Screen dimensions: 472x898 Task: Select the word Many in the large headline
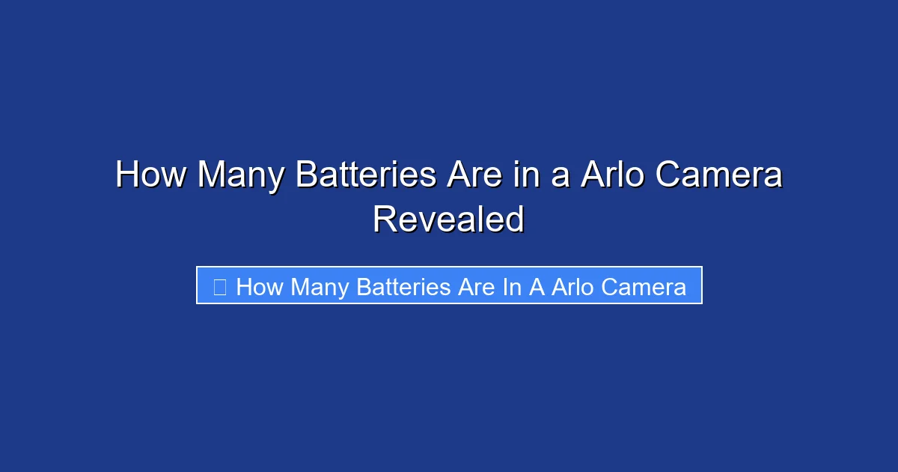pos(240,176)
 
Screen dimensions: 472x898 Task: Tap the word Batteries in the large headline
pos(366,176)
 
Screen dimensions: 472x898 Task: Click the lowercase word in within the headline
pos(541,176)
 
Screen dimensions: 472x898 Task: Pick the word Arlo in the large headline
pos(612,176)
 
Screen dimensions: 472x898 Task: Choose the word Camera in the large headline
pos(719,176)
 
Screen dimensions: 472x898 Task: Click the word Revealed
pos(449,220)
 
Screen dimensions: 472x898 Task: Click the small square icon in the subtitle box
pos(219,286)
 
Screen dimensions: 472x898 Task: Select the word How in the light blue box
pos(260,286)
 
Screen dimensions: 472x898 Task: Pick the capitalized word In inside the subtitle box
pos(512,286)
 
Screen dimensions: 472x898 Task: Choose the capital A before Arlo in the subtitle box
pos(537,286)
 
